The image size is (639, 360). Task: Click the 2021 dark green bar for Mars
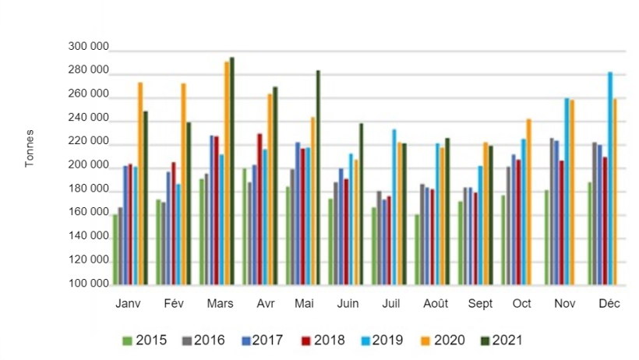pyautogui.click(x=231, y=171)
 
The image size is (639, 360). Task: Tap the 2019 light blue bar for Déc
pyautogui.click(x=610, y=179)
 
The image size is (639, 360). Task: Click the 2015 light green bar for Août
pyautogui.click(x=418, y=249)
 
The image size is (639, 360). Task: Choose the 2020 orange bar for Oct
pyautogui.click(x=528, y=203)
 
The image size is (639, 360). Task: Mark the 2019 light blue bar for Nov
pyautogui.click(x=567, y=192)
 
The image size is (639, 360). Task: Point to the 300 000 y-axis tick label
pyautogui.click(x=87, y=48)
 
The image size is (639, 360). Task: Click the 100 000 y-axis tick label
pyautogui.click(x=87, y=284)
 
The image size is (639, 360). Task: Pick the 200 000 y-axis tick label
pyautogui.click(x=87, y=166)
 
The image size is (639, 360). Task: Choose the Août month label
pyautogui.click(x=435, y=304)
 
